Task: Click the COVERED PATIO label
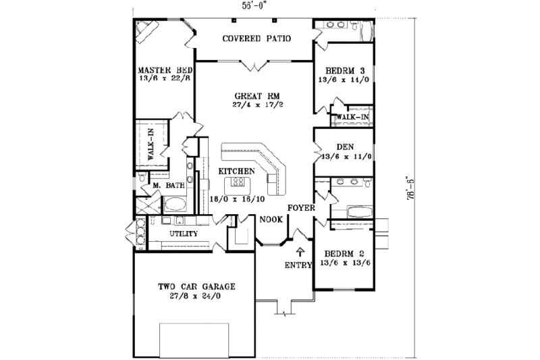[x=256, y=38]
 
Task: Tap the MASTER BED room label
[x=165, y=70]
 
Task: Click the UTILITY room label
[x=183, y=234]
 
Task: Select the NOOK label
[x=270, y=219]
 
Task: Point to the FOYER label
[x=301, y=207]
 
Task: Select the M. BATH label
[x=165, y=185]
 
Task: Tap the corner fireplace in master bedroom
[x=145, y=30]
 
